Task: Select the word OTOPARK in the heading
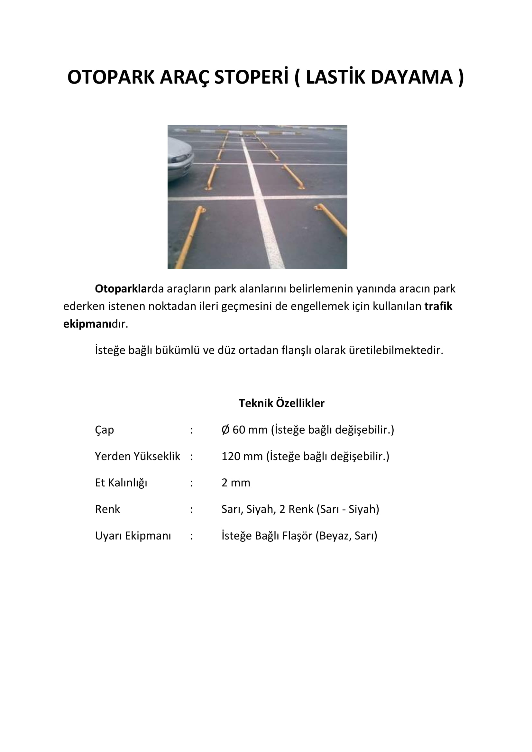[x=111, y=77]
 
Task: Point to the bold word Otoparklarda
[x=123, y=288]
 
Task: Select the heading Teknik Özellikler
[x=281, y=403]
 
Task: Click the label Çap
[x=104, y=430]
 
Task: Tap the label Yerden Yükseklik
[x=137, y=456]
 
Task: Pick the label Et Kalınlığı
[x=121, y=483]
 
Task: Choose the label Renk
[x=107, y=509]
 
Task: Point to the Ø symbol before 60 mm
[x=225, y=430]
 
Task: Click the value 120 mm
[x=242, y=456]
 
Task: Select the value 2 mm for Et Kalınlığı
[x=235, y=483]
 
